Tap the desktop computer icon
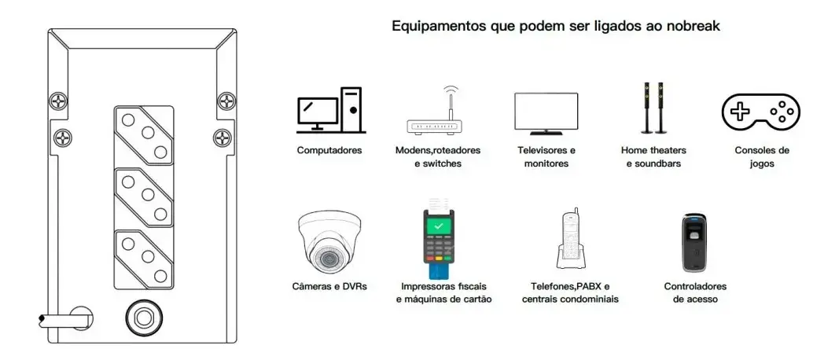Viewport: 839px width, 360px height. coord(331,110)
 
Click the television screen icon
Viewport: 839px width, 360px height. coord(546,113)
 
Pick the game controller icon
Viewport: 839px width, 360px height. coord(761,112)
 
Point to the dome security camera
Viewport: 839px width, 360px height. coord(329,241)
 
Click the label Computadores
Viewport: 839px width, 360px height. coord(329,150)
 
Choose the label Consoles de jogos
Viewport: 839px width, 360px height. coord(762,156)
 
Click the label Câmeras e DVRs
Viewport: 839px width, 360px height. coord(329,286)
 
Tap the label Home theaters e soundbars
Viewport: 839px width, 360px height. coord(653,156)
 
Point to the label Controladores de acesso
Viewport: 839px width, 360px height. coord(695,292)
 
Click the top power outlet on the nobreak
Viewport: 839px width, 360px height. coord(144,135)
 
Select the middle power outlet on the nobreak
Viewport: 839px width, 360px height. coord(144,197)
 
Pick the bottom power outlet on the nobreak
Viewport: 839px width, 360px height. coord(144,259)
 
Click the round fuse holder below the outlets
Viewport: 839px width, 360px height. coord(142,318)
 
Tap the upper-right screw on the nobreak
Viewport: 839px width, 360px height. coord(227,100)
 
